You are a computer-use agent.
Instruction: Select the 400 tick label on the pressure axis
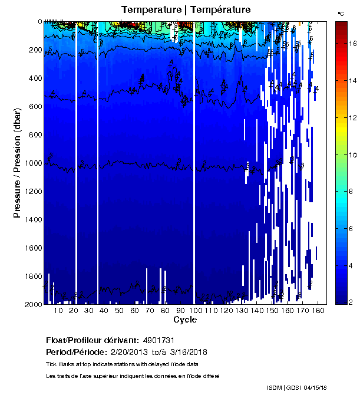point(34,78)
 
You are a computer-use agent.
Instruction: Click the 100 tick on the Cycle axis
point(195,304)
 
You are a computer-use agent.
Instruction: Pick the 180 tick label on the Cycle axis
point(318,311)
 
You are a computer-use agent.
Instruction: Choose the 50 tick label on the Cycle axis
point(119,311)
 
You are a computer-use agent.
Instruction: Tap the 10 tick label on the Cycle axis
point(57,311)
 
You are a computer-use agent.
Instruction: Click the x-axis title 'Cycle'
point(185,320)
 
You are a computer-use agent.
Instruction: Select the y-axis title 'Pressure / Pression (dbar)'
point(17,163)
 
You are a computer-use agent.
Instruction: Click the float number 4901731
point(158,340)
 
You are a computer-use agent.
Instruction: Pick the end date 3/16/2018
point(188,352)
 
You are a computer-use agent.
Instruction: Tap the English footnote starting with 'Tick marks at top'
point(122,364)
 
